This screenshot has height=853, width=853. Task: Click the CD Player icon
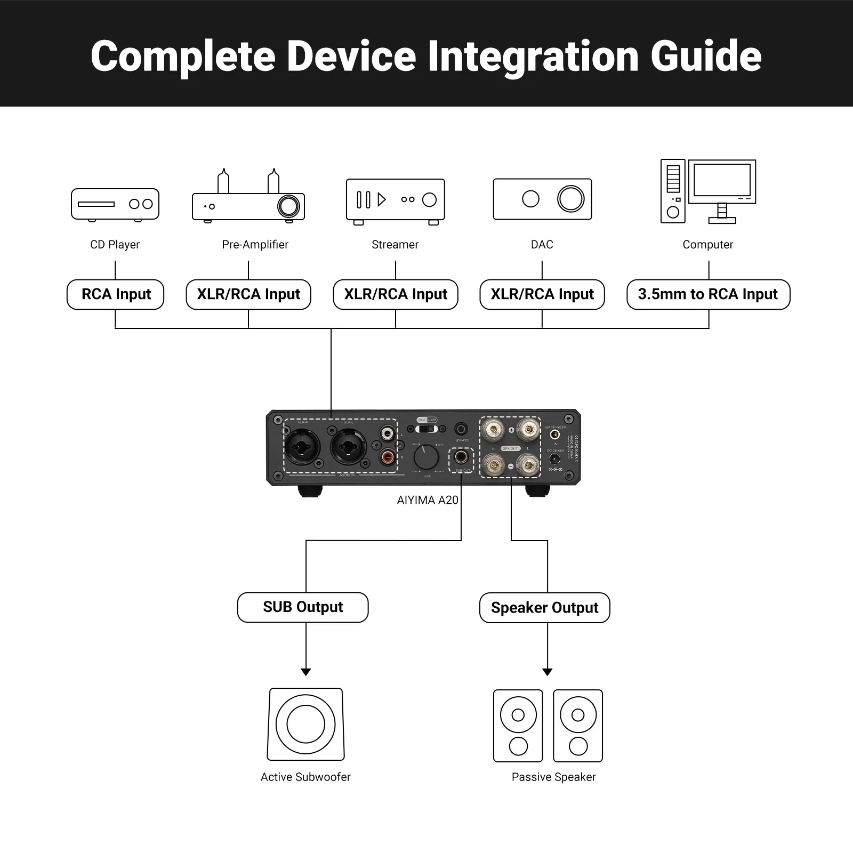pyautogui.click(x=115, y=204)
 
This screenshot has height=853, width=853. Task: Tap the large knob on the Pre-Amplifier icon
pyautogui.click(x=288, y=206)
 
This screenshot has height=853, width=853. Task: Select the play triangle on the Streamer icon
pyautogui.click(x=381, y=200)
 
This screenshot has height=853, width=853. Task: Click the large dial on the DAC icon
pyautogui.click(x=570, y=199)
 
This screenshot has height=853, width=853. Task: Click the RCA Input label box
pyautogui.click(x=115, y=294)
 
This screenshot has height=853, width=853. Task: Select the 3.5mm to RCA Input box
pyautogui.click(x=708, y=294)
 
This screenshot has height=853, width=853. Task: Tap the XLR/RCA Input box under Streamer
pyautogui.click(x=395, y=294)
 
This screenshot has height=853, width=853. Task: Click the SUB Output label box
pyautogui.click(x=302, y=607)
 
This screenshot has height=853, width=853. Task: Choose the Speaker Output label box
pyautogui.click(x=544, y=608)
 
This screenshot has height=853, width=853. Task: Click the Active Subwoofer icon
pyautogui.click(x=305, y=724)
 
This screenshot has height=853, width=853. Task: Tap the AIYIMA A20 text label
pyautogui.click(x=427, y=500)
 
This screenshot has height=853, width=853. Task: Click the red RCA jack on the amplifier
pyautogui.click(x=387, y=456)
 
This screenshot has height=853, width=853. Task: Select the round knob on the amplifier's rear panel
pyautogui.click(x=426, y=457)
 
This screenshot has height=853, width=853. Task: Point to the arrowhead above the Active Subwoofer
pyautogui.click(x=305, y=672)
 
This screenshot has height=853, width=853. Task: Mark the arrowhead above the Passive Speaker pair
pyautogui.click(x=547, y=672)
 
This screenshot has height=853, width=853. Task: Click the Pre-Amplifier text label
pyautogui.click(x=255, y=245)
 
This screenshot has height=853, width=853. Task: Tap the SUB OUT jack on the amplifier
pyautogui.click(x=462, y=457)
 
